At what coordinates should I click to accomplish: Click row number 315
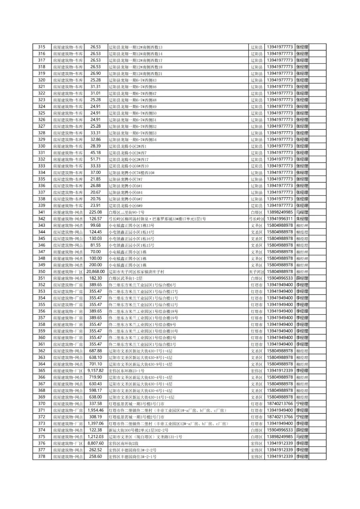coord(42,47)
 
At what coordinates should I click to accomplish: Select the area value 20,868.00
coord(96,272)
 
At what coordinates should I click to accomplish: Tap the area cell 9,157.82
coord(96,371)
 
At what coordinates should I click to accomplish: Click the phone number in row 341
coord(280,212)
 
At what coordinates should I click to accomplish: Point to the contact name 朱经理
coord(302,219)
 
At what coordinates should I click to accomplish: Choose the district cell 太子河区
coord(256,272)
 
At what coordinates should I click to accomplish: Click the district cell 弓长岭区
coord(256,219)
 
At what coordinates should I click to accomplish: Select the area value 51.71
coord(96,159)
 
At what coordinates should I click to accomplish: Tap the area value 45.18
coord(96,153)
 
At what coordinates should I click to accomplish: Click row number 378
coord(42,456)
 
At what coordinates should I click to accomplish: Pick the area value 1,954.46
coord(96,410)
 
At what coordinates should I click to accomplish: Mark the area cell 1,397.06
coord(96,424)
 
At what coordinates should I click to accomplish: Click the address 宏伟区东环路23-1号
coord(127,371)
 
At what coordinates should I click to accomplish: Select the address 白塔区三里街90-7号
coord(127,212)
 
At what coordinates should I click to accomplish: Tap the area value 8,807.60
coord(96,443)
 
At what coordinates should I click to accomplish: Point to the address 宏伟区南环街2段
coord(124,443)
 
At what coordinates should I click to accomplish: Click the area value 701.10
coord(96,364)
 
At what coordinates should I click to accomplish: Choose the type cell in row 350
coord(68,272)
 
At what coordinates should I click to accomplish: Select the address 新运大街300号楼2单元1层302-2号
coord(139,430)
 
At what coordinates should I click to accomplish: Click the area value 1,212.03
coord(96,437)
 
